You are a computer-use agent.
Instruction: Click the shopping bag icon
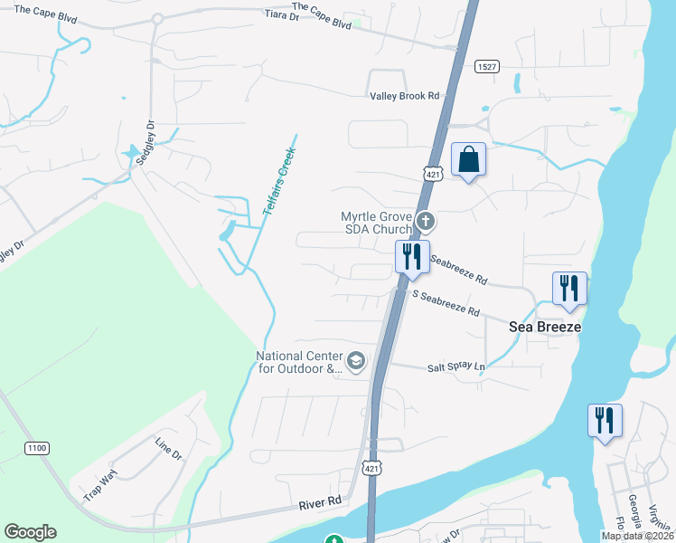click(x=468, y=160)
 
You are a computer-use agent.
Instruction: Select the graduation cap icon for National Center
click(x=355, y=362)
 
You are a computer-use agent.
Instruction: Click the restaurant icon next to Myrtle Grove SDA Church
click(x=411, y=257)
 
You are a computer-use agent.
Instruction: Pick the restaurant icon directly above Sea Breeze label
click(x=569, y=289)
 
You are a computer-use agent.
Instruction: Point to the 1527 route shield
click(x=487, y=66)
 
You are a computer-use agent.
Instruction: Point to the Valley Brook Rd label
click(x=404, y=95)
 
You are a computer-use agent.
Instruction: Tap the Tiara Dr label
click(x=281, y=14)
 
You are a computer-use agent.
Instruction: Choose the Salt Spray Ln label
click(x=456, y=367)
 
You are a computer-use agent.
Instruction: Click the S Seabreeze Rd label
click(x=446, y=303)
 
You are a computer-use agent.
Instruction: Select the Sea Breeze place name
click(x=544, y=326)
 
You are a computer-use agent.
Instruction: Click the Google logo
click(x=30, y=532)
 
